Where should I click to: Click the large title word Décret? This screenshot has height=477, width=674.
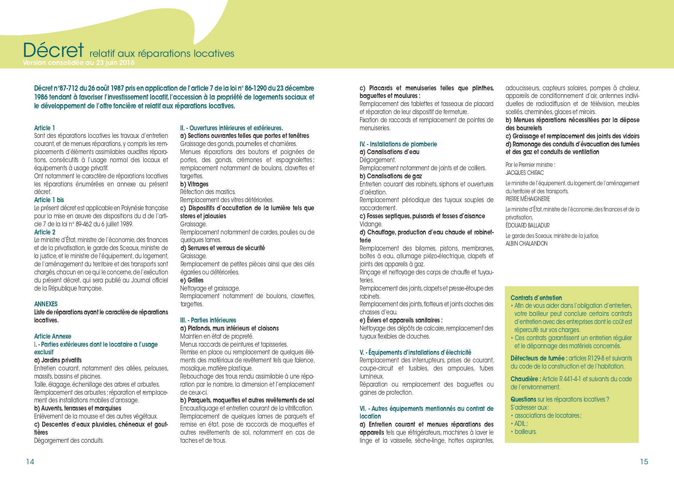pos(53,50)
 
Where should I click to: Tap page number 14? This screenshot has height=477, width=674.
pos(30,462)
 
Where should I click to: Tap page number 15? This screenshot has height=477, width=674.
pos(644,462)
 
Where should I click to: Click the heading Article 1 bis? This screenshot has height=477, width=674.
pos(49,200)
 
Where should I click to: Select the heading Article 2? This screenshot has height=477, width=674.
pos(45,232)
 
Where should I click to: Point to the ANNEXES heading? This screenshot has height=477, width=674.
pos(46,304)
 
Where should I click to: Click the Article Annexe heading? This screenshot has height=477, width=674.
pos(53,336)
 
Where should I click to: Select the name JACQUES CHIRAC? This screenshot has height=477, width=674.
pos(525,173)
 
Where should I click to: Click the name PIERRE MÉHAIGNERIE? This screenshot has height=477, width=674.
pos(528,199)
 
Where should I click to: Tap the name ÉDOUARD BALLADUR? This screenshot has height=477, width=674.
pos(528,225)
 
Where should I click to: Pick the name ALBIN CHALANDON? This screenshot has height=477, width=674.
pos(526,243)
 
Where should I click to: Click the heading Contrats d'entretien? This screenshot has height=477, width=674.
pos(536,298)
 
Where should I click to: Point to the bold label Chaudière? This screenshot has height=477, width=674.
pos(525,379)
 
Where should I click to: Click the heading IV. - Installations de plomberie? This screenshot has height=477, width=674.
pos(398,144)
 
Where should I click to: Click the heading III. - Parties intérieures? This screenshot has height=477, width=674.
pos(208,320)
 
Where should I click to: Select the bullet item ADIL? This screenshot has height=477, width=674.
pos(521,424)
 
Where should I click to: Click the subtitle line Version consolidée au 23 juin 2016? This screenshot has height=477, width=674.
pos(79,63)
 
